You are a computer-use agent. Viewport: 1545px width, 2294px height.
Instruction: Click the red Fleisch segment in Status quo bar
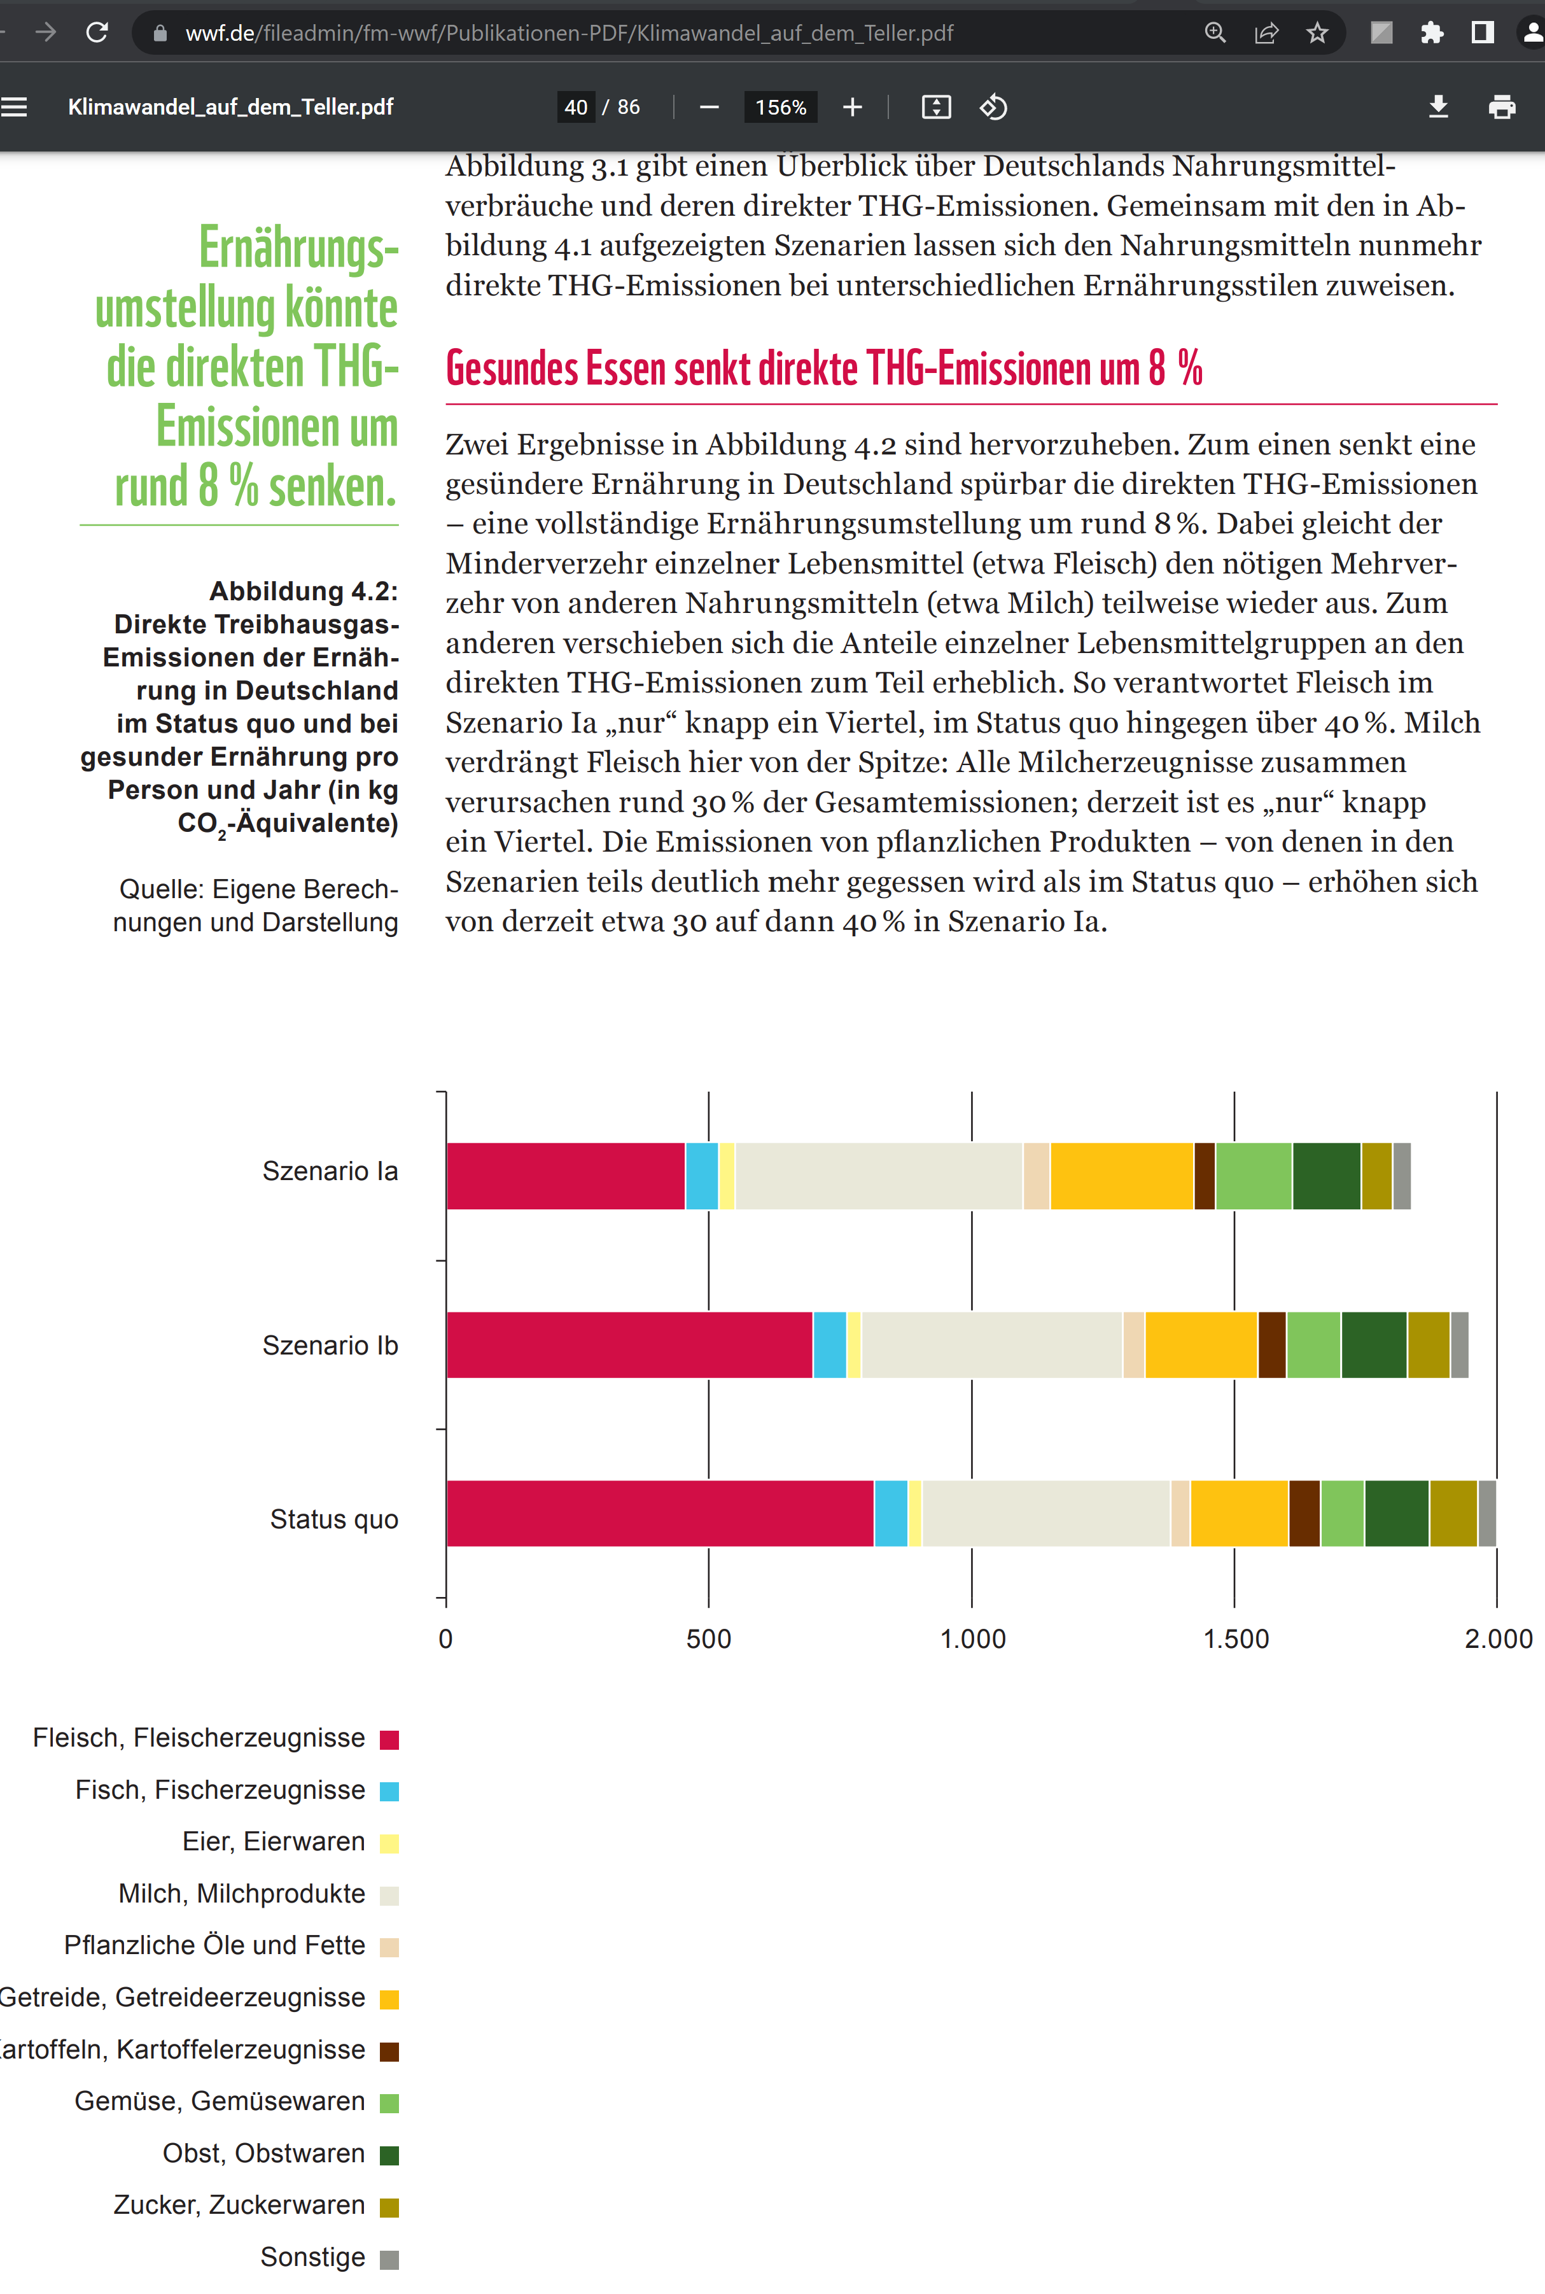pyautogui.click(x=659, y=1512)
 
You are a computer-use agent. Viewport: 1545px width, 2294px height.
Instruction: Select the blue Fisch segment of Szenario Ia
pyautogui.click(x=702, y=1176)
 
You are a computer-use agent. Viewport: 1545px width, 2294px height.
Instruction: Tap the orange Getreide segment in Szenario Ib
pyautogui.click(x=1201, y=1344)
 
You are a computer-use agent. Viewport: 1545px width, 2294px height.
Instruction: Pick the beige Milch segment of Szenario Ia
pyautogui.click(x=879, y=1176)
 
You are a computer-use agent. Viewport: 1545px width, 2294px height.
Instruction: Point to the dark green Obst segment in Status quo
pyautogui.click(x=1396, y=1512)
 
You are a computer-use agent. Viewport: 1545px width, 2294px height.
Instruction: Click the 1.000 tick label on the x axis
pyautogui.click(x=972, y=1639)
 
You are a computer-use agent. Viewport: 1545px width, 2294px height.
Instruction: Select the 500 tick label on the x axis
pyautogui.click(x=708, y=1639)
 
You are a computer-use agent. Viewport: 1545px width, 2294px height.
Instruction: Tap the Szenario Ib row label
pyautogui.click(x=330, y=1345)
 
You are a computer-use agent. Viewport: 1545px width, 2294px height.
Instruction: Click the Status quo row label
pyautogui.click(x=334, y=1519)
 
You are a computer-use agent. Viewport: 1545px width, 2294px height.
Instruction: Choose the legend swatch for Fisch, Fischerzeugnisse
pyautogui.click(x=389, y=1791)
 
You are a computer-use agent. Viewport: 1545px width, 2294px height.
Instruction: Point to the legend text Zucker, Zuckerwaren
pyautogui.click(x=239, y=2204)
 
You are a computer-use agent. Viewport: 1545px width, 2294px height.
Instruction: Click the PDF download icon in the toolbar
pyautogui.click(x=1439, y=106)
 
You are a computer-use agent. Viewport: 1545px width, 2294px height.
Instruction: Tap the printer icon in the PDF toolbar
pyautogui.click(x=1502, y=106)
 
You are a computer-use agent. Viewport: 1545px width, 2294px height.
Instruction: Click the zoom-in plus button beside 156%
pyautogui.click(x=852, y=106)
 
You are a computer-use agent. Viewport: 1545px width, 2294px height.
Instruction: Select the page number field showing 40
pyautogui.click(x=577, y=106)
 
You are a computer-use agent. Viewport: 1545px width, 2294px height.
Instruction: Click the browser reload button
pyautogui.click(x=97, y=32)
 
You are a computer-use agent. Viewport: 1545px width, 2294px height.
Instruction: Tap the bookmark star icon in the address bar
pyautogui.click(x=1317, y=32)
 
